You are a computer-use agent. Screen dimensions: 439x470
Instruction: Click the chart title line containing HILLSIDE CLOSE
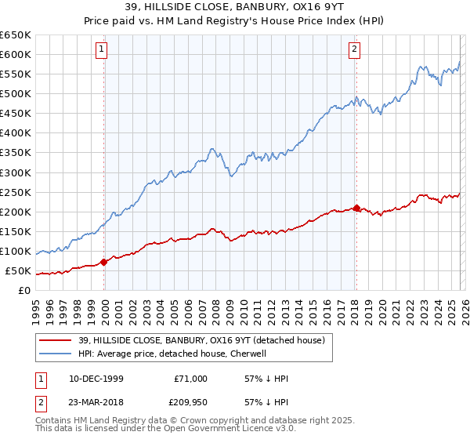(234, 8)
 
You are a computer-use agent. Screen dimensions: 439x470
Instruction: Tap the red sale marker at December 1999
(104, 263)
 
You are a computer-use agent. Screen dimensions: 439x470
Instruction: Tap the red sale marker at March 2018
(356, 208)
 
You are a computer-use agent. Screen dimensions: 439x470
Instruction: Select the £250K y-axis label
(16, 192)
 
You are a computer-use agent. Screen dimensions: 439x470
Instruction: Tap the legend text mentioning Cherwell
(173, 354)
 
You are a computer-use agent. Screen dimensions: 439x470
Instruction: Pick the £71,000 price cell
(190, 379)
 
